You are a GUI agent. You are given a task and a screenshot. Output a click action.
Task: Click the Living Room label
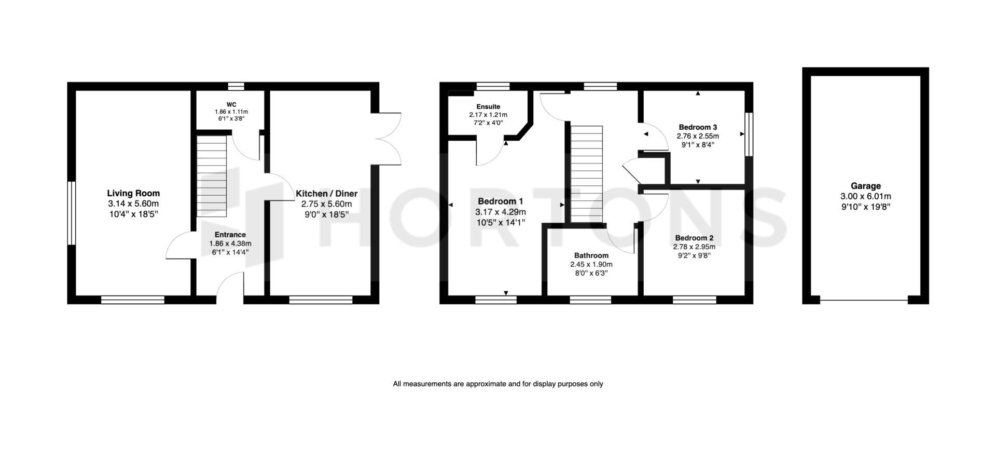click(133, 194)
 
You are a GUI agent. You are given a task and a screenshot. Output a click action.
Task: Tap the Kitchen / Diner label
click(326, 194)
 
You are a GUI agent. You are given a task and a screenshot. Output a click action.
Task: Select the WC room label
click(231, 104)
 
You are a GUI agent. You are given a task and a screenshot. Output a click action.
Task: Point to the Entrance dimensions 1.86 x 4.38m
click(230, 244)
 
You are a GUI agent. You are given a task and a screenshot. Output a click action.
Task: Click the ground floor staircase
click(212, 177)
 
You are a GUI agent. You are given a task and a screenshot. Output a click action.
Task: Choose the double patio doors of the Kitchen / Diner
click(387, 139)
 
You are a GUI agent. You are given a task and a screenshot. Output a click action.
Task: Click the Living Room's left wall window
click(72, 213)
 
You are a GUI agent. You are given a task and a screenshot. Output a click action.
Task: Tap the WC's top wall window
click(237, 86)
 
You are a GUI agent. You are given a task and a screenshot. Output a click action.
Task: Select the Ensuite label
click(488, 107)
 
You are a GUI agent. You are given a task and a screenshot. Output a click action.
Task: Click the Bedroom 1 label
click(501, 201)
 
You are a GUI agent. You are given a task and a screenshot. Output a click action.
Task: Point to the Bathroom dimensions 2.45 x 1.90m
click(591, 264)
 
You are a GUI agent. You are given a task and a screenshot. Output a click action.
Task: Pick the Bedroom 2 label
click(694, 238)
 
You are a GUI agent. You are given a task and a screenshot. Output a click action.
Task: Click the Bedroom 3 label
click(698, 127)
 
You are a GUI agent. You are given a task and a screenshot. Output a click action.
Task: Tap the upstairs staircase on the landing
click(587, 174)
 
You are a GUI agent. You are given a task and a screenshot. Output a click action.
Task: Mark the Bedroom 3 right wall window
click(749, 134)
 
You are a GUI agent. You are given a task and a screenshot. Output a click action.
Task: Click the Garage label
click(866, 186)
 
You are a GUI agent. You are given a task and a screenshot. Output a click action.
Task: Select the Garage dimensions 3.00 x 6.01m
click(866, 197)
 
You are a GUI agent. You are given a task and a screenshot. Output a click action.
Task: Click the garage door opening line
click(864, 300)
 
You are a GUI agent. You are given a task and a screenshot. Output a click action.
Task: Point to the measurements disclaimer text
click(498, 384)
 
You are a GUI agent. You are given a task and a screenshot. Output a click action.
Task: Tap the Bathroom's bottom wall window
click(590, 300)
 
